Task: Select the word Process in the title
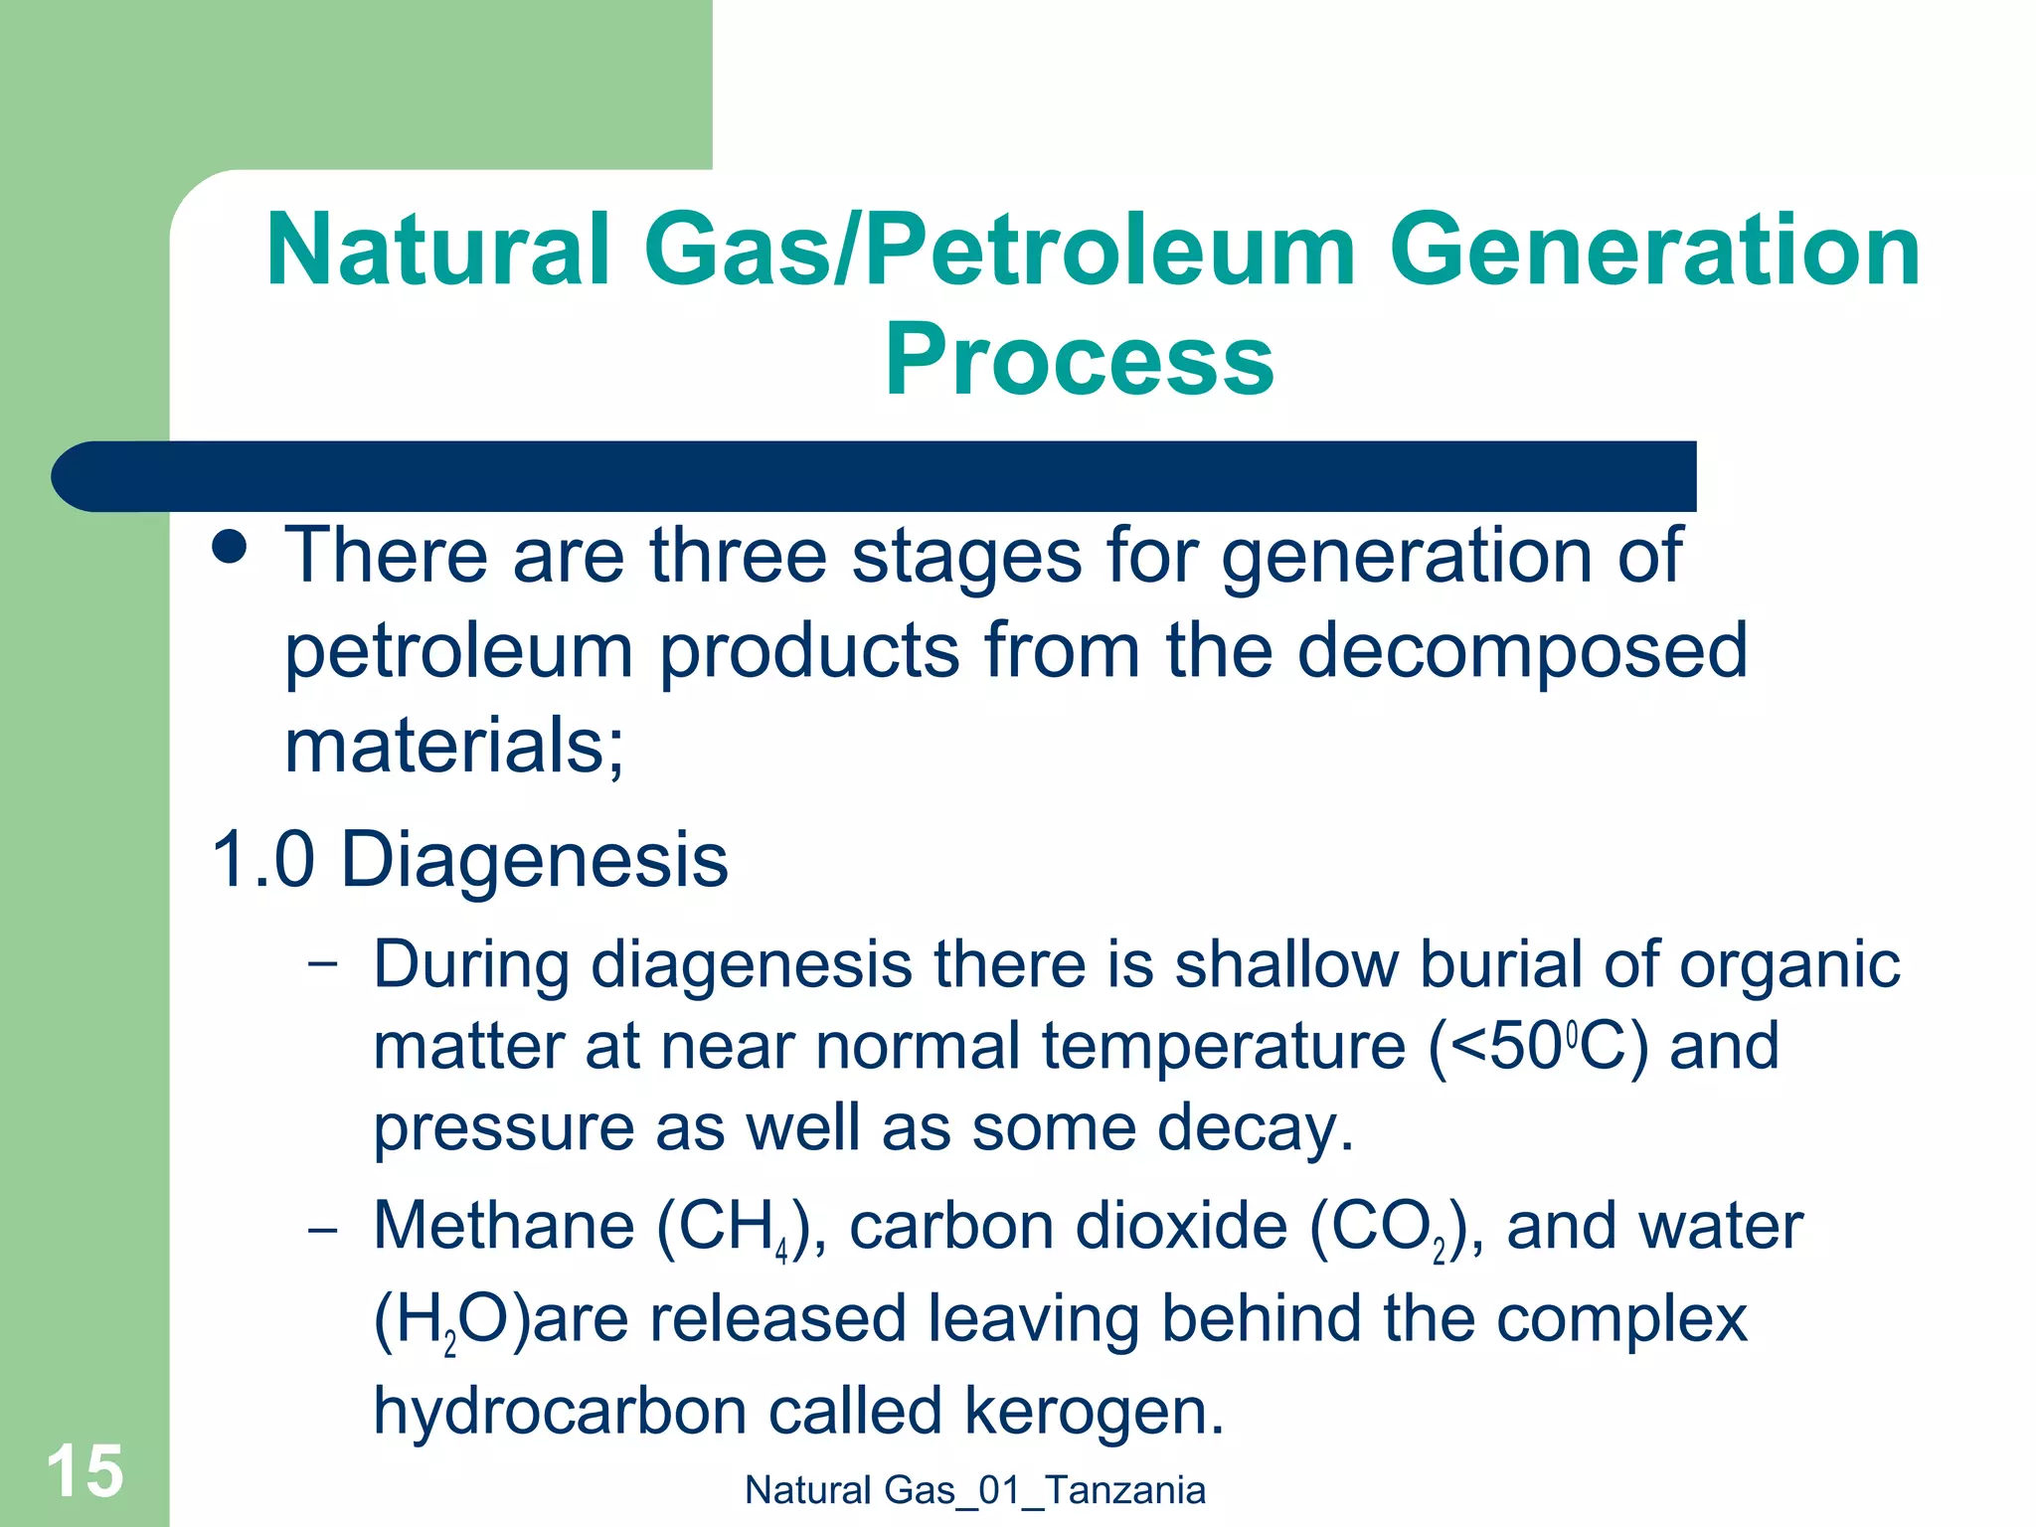point(1079,360)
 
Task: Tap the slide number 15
point(85,1471)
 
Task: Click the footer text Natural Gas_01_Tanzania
point(974,1490)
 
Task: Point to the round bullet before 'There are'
point(231,547)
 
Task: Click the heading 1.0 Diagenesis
point(469,859)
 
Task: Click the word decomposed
point(1521,651)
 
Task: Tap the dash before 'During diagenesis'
point(322,963)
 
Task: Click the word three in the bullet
point(738,556)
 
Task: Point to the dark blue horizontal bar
point(875,476)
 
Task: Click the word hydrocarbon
point(558,1412)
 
